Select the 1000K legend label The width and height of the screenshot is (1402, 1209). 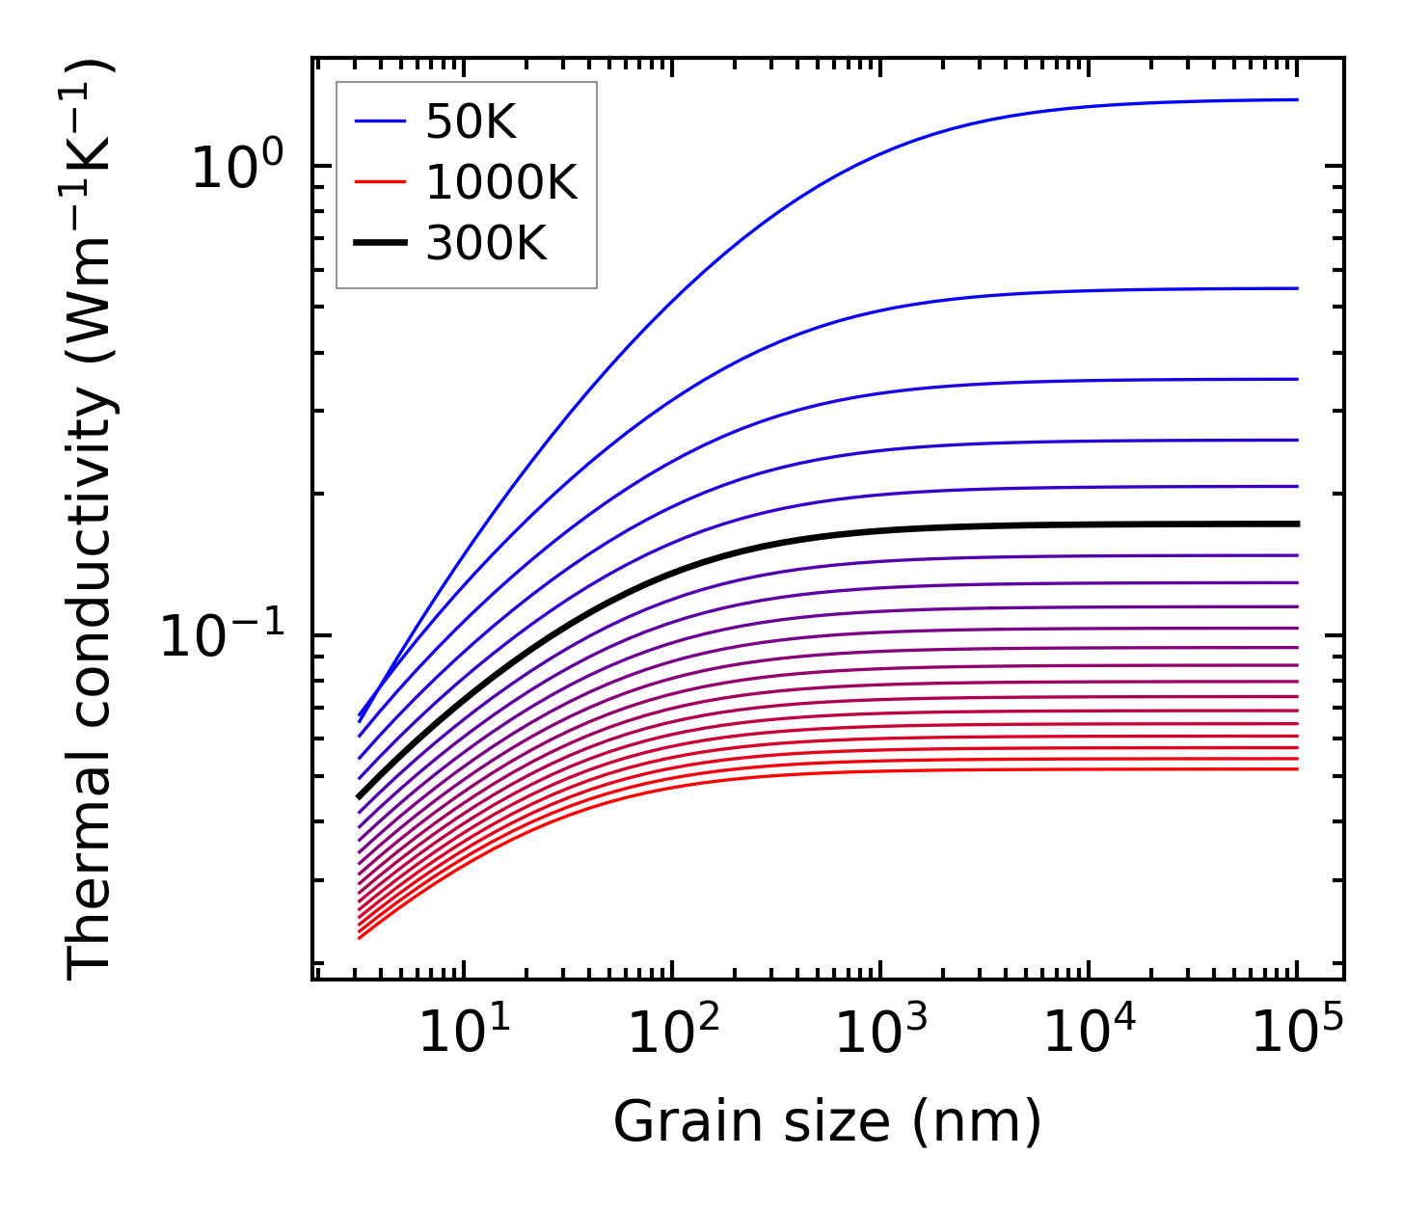pyautogui.click(x=501, y=182)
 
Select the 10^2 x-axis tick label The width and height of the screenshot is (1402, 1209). pyautogui.click(x=672, y=1034)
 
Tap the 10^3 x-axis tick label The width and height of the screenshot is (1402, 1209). pyautogui.click(x=880, y=1034)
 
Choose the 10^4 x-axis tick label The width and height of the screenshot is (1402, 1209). pyautogui.click(x=1089, y=1034)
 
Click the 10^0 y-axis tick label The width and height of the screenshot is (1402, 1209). pyautogui.click(x=237, y=167)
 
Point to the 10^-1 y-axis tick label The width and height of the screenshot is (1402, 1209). pyautogui.click(x=223, y=636)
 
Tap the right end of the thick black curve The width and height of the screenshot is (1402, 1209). pyautogui.click(x=1297, y=524)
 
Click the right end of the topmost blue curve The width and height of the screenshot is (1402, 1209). pyautogui.click(x=1297, y=99)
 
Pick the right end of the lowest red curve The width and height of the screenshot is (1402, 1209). pyautogui.click(x=1297, y=768)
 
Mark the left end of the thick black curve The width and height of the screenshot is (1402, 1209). pyautogui.click(x=359, y=797)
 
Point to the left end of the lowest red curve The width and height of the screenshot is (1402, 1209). pyautogui.click(x=359, y=938)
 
